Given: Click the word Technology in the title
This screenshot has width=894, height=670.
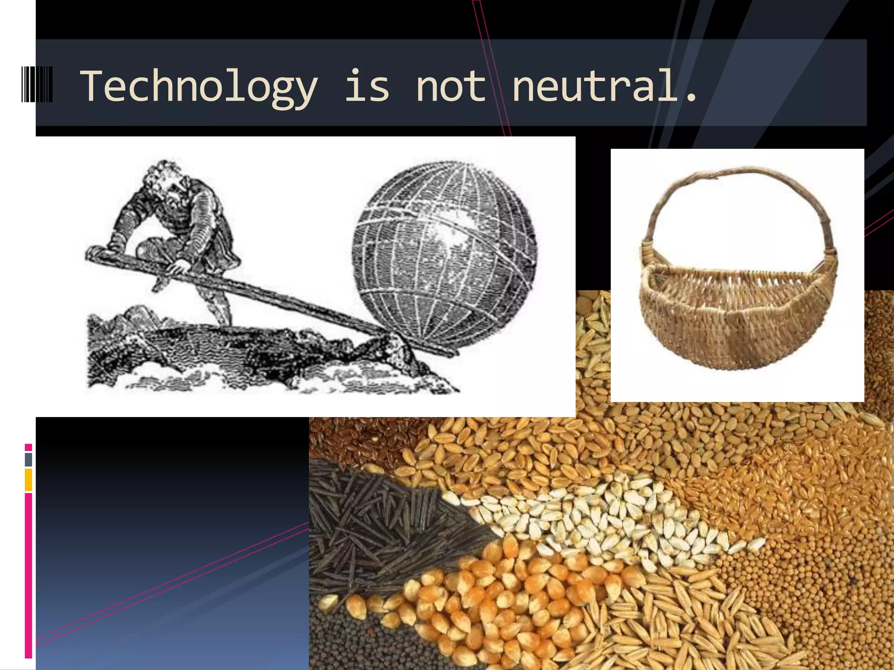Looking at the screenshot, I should tap(199, 86).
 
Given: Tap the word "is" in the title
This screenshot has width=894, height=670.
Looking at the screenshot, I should tap(367, 86).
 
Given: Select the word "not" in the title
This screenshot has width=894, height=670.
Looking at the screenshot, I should tap(450, 86).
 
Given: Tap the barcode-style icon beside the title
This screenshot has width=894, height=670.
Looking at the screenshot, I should tap(37, 84).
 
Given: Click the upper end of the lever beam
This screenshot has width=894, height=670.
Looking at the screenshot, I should tap(94, 253).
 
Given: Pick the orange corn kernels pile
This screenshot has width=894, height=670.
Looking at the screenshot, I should tap(471, 598).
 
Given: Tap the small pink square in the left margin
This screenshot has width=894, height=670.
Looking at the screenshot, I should tap(28, 447).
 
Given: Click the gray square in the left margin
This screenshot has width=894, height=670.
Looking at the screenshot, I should tap(28, 459).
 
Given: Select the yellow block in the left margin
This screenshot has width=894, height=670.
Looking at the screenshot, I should tap(28, 479).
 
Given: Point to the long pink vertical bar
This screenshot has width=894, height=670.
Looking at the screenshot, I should tap(28, 576).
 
